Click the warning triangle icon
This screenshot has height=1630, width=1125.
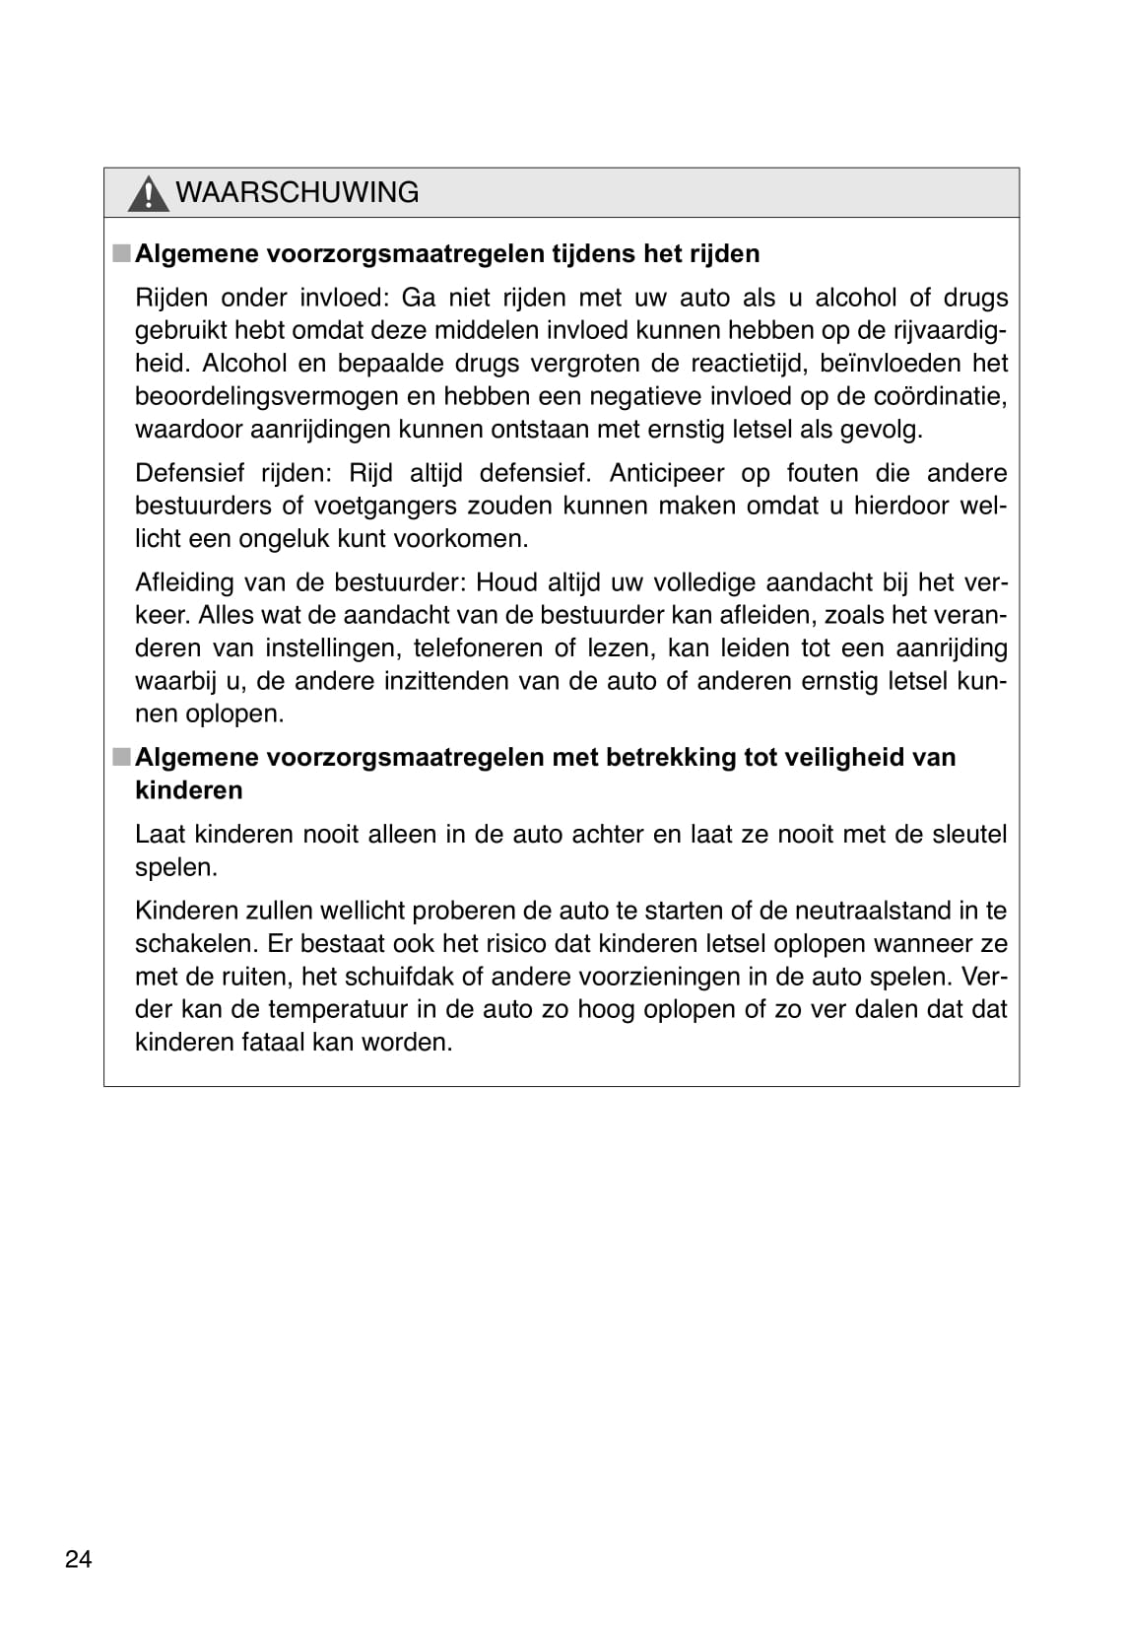pos(148,193)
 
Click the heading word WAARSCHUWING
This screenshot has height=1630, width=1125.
pos(297,192)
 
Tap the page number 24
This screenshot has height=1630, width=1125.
pos(78,1559)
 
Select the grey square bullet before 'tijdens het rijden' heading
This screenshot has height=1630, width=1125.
pos(120,253)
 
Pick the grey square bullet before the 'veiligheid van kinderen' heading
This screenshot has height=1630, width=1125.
pos(120,757)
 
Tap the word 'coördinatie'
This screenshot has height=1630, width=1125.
pos(935,396)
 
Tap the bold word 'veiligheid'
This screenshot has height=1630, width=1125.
pos(843,757)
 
